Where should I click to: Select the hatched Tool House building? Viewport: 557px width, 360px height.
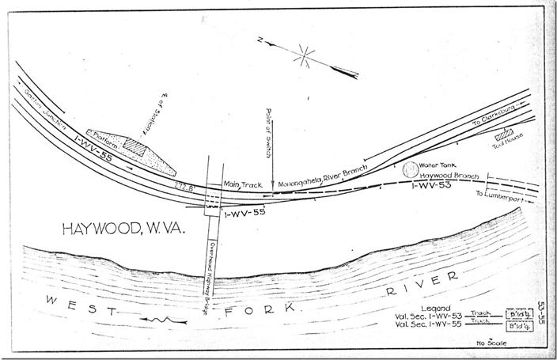click(504, 134)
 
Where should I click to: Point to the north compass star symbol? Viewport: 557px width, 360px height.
click(305, 56)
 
